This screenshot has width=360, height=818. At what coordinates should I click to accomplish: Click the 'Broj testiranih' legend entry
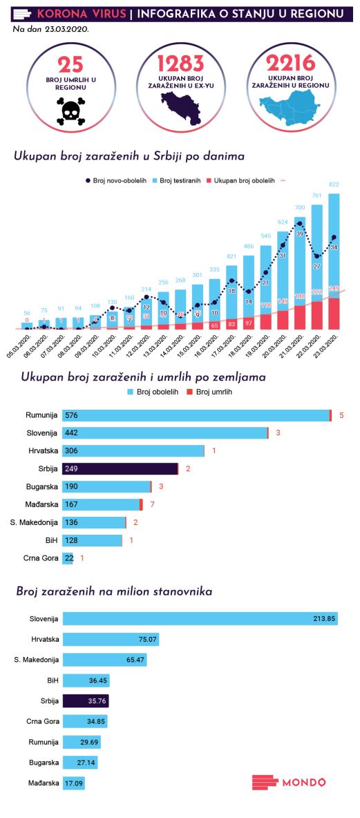click(x=176, y=180)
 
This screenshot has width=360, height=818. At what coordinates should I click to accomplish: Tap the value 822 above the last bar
click(x=334, y=184)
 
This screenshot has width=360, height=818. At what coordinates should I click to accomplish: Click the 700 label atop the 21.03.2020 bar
click(x=300, y=207)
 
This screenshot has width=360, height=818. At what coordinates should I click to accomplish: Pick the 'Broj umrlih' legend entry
click(x=209, y=392)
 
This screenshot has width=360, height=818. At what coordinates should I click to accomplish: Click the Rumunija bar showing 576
click(x=196, y=415)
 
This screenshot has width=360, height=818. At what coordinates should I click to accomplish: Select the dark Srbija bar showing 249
click(x=120, y=469)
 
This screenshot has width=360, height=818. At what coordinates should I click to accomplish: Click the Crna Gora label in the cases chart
click(x=41, y=558)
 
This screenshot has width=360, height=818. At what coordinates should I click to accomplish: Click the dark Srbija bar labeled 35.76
click(x=86, y=701)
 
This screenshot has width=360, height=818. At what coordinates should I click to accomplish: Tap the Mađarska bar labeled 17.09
click(x=73, y=783)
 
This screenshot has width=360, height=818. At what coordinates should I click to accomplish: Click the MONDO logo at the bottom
click(x=288, y=782)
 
